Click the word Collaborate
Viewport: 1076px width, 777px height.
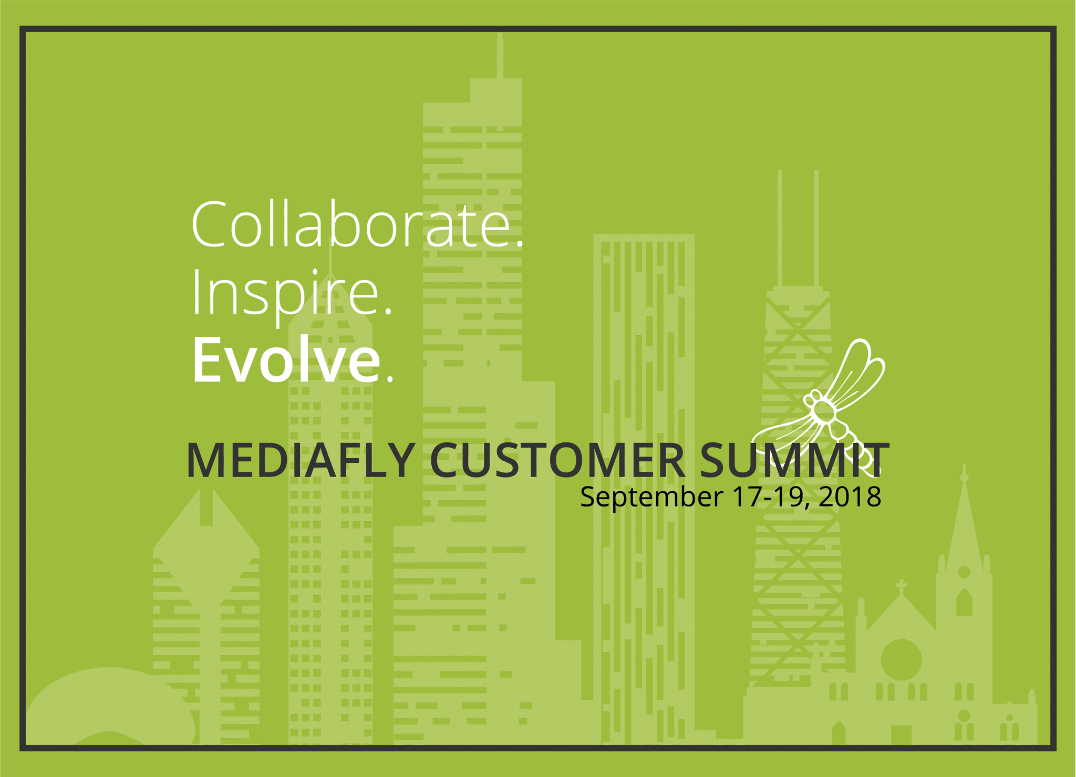point(351,224)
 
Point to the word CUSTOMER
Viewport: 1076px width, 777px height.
point(557,460)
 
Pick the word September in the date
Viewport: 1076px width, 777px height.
point(651,498)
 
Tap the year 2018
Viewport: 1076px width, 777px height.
point(850,496)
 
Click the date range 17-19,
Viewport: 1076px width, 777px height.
point(771,497)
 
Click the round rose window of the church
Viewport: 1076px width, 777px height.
point(902,660)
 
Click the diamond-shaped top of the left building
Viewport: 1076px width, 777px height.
point(206,546)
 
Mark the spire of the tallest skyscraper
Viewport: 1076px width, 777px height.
point(500,55)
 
